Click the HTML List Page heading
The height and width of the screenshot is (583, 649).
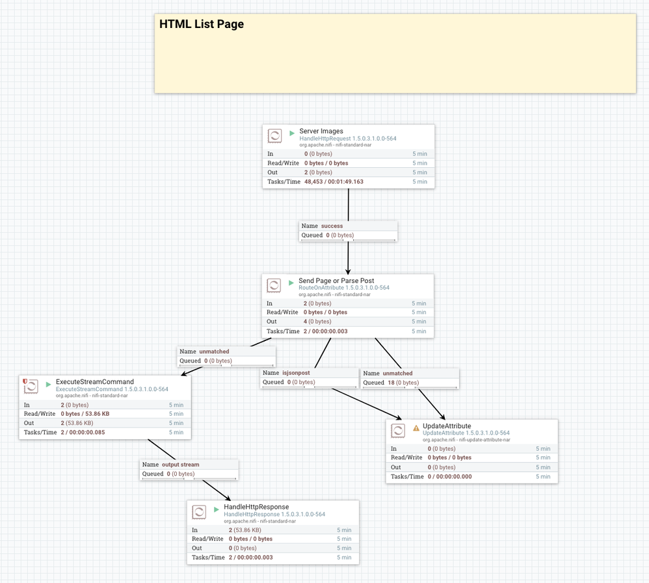point(202,25)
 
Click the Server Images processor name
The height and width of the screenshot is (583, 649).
point(321,131)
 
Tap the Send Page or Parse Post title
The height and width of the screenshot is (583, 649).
point(336,281)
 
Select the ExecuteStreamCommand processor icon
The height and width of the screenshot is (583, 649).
point(31,386)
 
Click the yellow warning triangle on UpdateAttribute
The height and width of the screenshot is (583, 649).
point(416,428)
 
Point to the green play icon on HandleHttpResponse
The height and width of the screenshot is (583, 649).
point(217,509)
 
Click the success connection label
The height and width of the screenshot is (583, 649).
point(332,226)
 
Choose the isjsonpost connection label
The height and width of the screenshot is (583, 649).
point(295,373)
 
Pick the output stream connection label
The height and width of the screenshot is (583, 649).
point(180,465)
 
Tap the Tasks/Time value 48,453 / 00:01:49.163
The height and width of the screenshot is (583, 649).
point(334,182)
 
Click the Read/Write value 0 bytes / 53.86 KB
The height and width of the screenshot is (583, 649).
point(85,414)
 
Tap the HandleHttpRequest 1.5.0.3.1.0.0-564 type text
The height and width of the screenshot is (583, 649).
point(347,139)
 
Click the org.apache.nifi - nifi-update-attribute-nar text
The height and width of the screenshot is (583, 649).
point(466,440)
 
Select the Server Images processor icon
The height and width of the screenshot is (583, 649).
point(275,136)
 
